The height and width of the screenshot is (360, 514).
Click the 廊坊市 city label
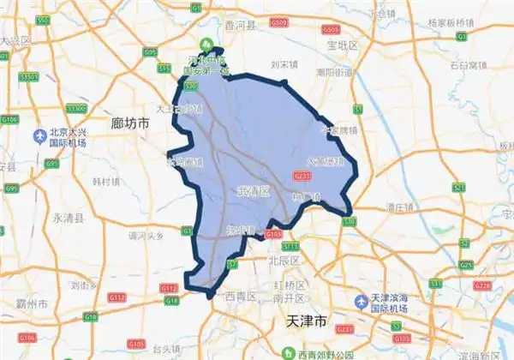(x=131, y=123)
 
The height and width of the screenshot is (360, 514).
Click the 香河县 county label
(x=242, y=27)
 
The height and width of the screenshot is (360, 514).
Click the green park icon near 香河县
(x=206, y=44)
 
